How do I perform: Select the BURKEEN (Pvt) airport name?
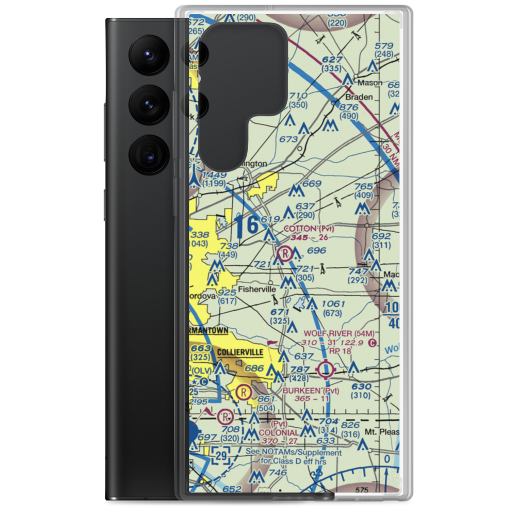pyautogui.click(x=311, y=391)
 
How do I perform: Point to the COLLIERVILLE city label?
pyautogui.click(x=240, y=352)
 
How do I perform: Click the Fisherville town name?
pyautogui.click(x=256, y=290)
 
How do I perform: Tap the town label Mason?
pyautogui.click(x=373, y=82)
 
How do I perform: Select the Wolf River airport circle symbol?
pyautogui.click(x=326, y=369)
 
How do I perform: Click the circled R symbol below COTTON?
pyautogui.click(x=284, y=253)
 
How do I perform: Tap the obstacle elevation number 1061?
pyautogui.click(x=332, y=303)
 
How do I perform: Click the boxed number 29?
pyautogui.click(x=221, y=455)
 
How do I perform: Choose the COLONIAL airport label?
pyautogui.click(x=279, y=432)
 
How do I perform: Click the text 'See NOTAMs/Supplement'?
pyautogui.click(x=294, y=453)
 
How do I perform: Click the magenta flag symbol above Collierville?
pyautogui.click(x=272, y=342)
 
